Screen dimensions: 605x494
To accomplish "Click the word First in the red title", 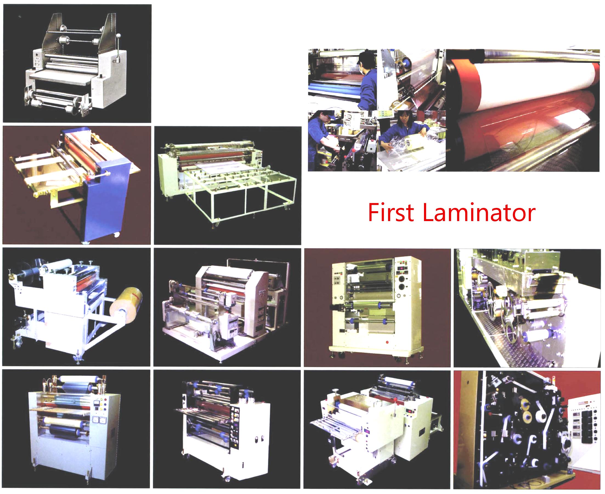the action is click(x=391, y=212).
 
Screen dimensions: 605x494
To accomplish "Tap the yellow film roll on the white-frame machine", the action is click(x=126, y=305).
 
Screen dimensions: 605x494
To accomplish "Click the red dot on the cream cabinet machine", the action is click(x=387, y=342).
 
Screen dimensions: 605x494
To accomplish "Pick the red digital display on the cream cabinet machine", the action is click(x=402, y=268).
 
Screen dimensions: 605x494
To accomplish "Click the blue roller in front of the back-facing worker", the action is click(x=333, y=85).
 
